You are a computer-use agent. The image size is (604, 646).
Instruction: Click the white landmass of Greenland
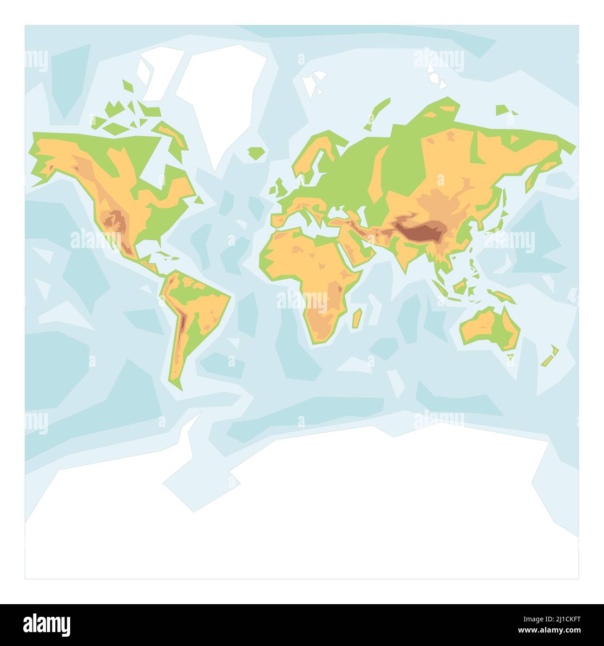click(x=218, y=93)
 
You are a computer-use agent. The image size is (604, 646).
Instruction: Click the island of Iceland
click(x=256, y=152)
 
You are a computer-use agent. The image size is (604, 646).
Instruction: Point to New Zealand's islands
click(x=551, y=356)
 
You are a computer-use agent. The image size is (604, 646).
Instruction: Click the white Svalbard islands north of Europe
click(x=314, y=81)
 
